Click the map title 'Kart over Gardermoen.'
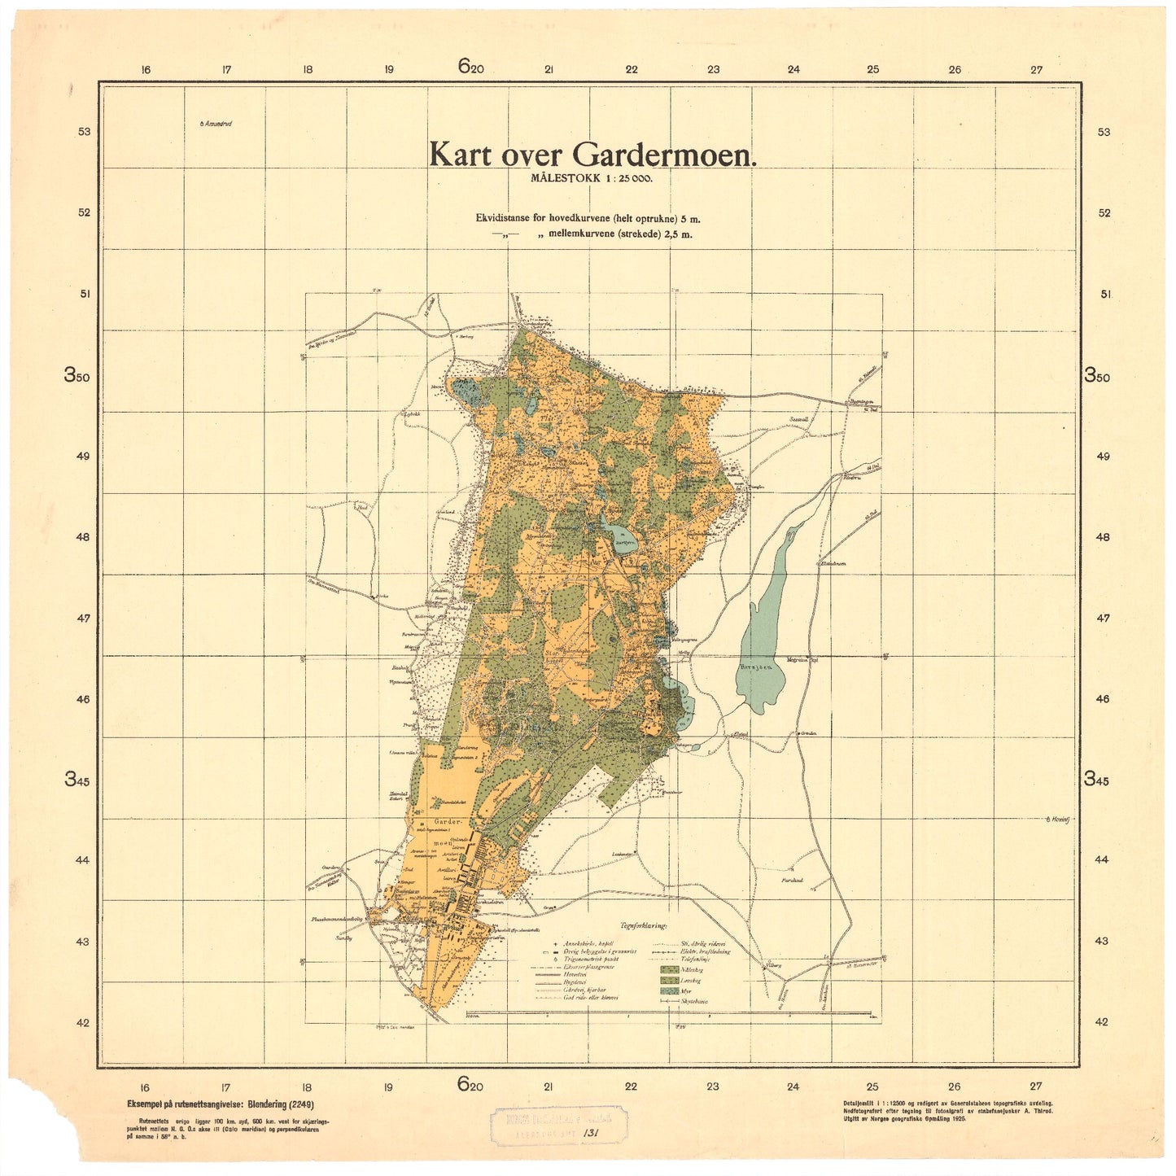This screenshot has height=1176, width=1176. click(x=592, y=155)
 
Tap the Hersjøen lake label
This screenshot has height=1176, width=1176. click(x=754, y=666)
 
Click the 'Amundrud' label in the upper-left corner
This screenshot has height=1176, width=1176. click(x=216, y=124)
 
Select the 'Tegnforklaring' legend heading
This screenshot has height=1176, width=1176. click(x=643, y=925)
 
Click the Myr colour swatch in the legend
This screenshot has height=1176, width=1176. click(x=669, y=990)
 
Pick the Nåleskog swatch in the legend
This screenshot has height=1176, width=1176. click(x=669, y=969)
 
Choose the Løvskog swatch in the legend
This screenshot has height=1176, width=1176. click(x=669, y=980)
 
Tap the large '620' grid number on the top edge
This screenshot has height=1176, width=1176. click(x=470, y=67)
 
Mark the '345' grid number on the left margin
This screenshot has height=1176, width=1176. click(x=78, y=779)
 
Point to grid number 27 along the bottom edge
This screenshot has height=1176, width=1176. click(x=1035, y=1086)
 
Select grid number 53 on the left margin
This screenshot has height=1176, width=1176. click(x=84, y=132)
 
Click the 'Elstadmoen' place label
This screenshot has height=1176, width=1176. click(x=833, y=563)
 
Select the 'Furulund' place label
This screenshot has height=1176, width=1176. click(x=792, y=881)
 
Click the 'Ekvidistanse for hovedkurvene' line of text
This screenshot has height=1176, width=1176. click(x=588, y=218)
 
